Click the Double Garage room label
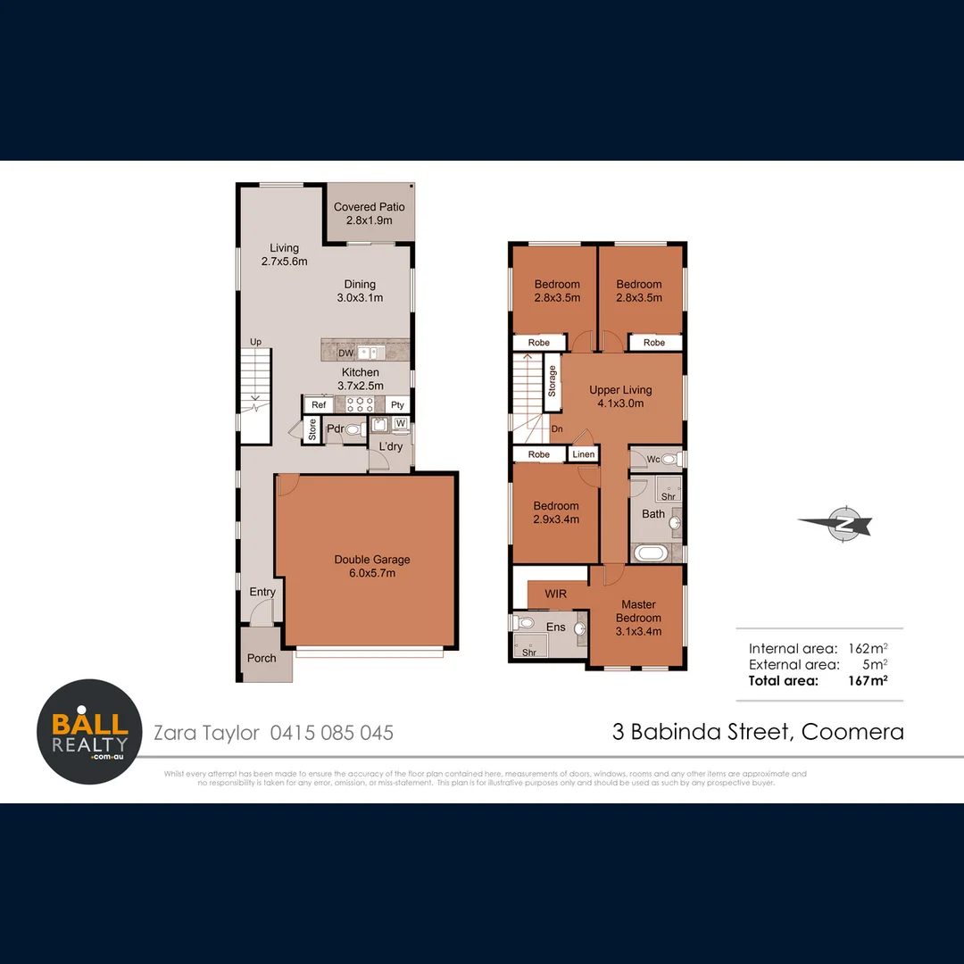pyautogui.click(x=372, y=566)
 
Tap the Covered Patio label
pyautogui.click(x=369, y=212)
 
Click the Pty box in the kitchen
pyautogui.click(x=397, y=405)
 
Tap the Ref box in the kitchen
pyautogui.click(x=318, y=405)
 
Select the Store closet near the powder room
pyautogui.click(x=312, y=430)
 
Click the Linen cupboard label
pyautogui.click(x=583, y=454)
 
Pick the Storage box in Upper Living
pyautogui.click(x=552, y=381)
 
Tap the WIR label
pyautogui.click(x=555, y=594)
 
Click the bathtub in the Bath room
pyautogui.click(x=650, y=553)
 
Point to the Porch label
pyautogui.click(x=262, y=658)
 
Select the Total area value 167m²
pyautogui.click(x=868, y=680)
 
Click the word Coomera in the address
pyautogui.click(x=852, y=732)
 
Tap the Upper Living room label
pyautogui.click(x=620, y=396)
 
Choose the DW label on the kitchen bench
pyautogui.click(x=345, y=353)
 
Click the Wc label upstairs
pyautogui.click(x=652, y=459)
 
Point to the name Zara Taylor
pyautogui.click(x=206, y=733)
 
